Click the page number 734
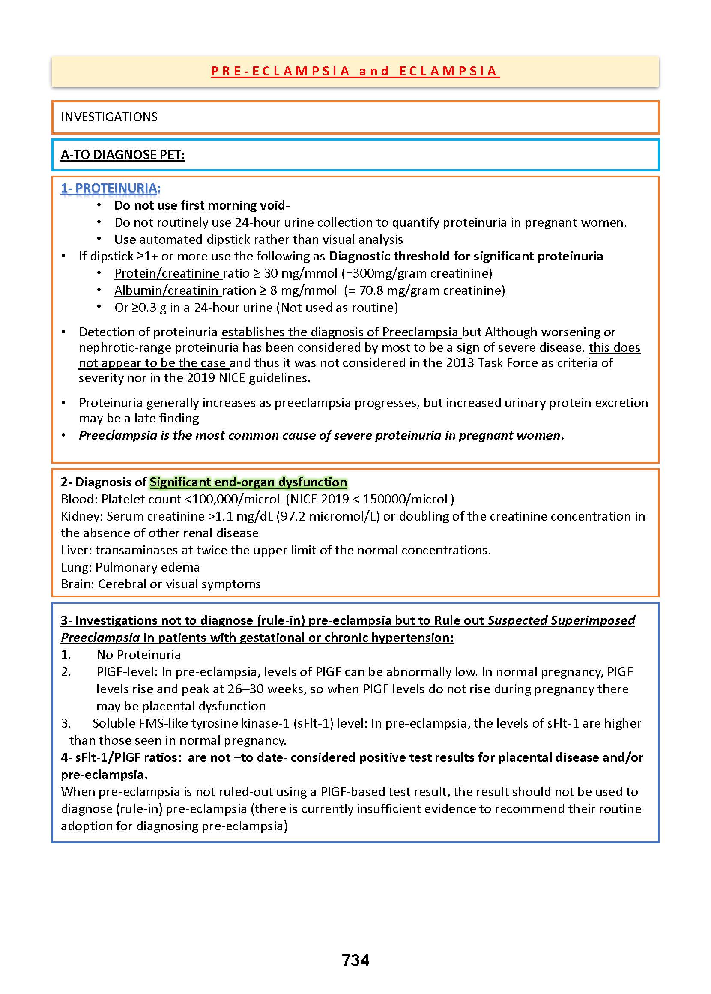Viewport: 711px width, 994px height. (x=355, y=960)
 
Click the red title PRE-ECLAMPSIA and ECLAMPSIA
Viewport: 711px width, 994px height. (x=355, y=71)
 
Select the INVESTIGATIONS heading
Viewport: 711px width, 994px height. (x=109, y=117)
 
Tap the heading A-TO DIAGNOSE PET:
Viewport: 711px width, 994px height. (x=122, y=155)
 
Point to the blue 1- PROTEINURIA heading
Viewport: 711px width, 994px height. (x=111, y=188)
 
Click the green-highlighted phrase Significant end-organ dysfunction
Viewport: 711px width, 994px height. (x=248, y=482)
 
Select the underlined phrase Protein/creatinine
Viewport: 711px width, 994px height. (x=167, y=273)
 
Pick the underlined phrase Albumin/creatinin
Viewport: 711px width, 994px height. (x=166, y=290)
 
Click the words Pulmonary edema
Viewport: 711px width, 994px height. (x=147, y=567)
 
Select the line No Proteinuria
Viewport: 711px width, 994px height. (x=139, y=655)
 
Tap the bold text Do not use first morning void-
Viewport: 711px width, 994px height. (x=202, y=205)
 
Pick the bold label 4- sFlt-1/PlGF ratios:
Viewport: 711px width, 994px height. (x=121, y=757)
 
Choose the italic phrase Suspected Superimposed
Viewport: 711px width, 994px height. (x=561, y=620)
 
